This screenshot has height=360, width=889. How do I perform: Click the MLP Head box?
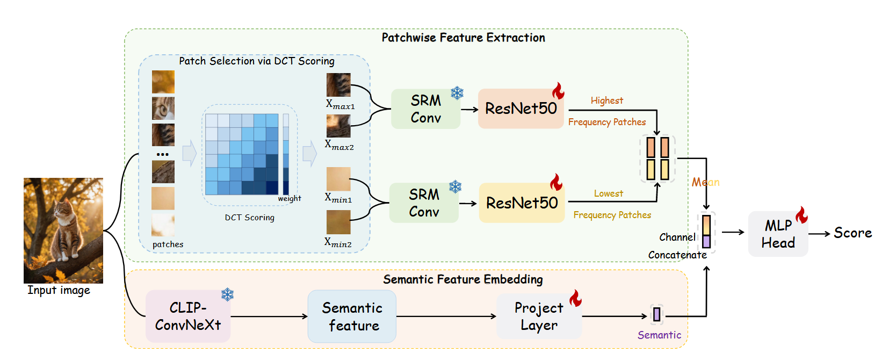click(777, 234)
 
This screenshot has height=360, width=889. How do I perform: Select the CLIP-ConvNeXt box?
click(188, 316)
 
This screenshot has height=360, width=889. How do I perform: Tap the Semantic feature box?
click(352, 316)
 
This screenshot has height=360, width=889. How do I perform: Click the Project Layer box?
click(539, 316)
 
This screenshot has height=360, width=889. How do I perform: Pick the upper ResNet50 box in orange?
click(521, 109)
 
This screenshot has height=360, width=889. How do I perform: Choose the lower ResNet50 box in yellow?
click(522, 203)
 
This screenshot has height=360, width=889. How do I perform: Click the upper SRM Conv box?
click(425, 109)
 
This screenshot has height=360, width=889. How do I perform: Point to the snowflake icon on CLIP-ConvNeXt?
click(228, 294)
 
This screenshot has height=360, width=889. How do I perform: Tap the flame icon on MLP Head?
click(801, 215)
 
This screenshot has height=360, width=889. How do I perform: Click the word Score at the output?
click(852, 233)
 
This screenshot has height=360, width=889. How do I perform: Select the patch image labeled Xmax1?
click(338, 85)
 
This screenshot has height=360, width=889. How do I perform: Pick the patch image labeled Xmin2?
click(338, 222)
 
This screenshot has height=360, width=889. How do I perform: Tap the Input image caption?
click(59, 291)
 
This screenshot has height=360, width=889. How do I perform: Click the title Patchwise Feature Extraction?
click(463, 38)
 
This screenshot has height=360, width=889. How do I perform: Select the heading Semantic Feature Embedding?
click(462, 279)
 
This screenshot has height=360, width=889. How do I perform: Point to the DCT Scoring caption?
click(249, 218)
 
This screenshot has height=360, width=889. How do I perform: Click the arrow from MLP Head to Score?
click(819, 234)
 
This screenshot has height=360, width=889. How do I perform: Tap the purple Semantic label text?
click(659, 335)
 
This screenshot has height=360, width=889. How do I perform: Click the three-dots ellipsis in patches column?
click(163, 155)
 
